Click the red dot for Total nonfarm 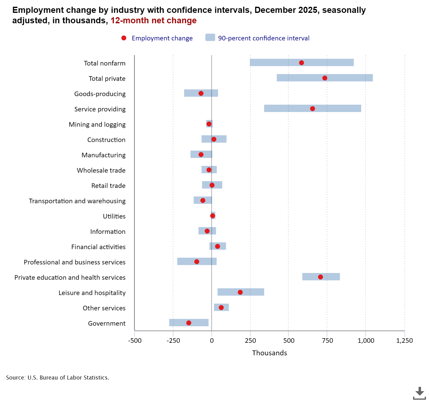(301, 63)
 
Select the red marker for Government (189, 323)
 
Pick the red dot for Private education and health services (320, 277)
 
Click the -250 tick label (173, 341)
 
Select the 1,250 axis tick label (404, 341)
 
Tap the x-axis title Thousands (269, 353)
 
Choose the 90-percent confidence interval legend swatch (210, 38)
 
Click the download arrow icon (419, 393)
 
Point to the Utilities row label (114, 216)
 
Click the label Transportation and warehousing (77, 201)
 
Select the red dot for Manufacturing (201, 155)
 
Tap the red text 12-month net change (154, 21)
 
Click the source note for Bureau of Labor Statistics (58, 378)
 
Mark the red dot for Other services (221, 308)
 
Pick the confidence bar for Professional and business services (184, 261)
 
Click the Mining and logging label (97, 125)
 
